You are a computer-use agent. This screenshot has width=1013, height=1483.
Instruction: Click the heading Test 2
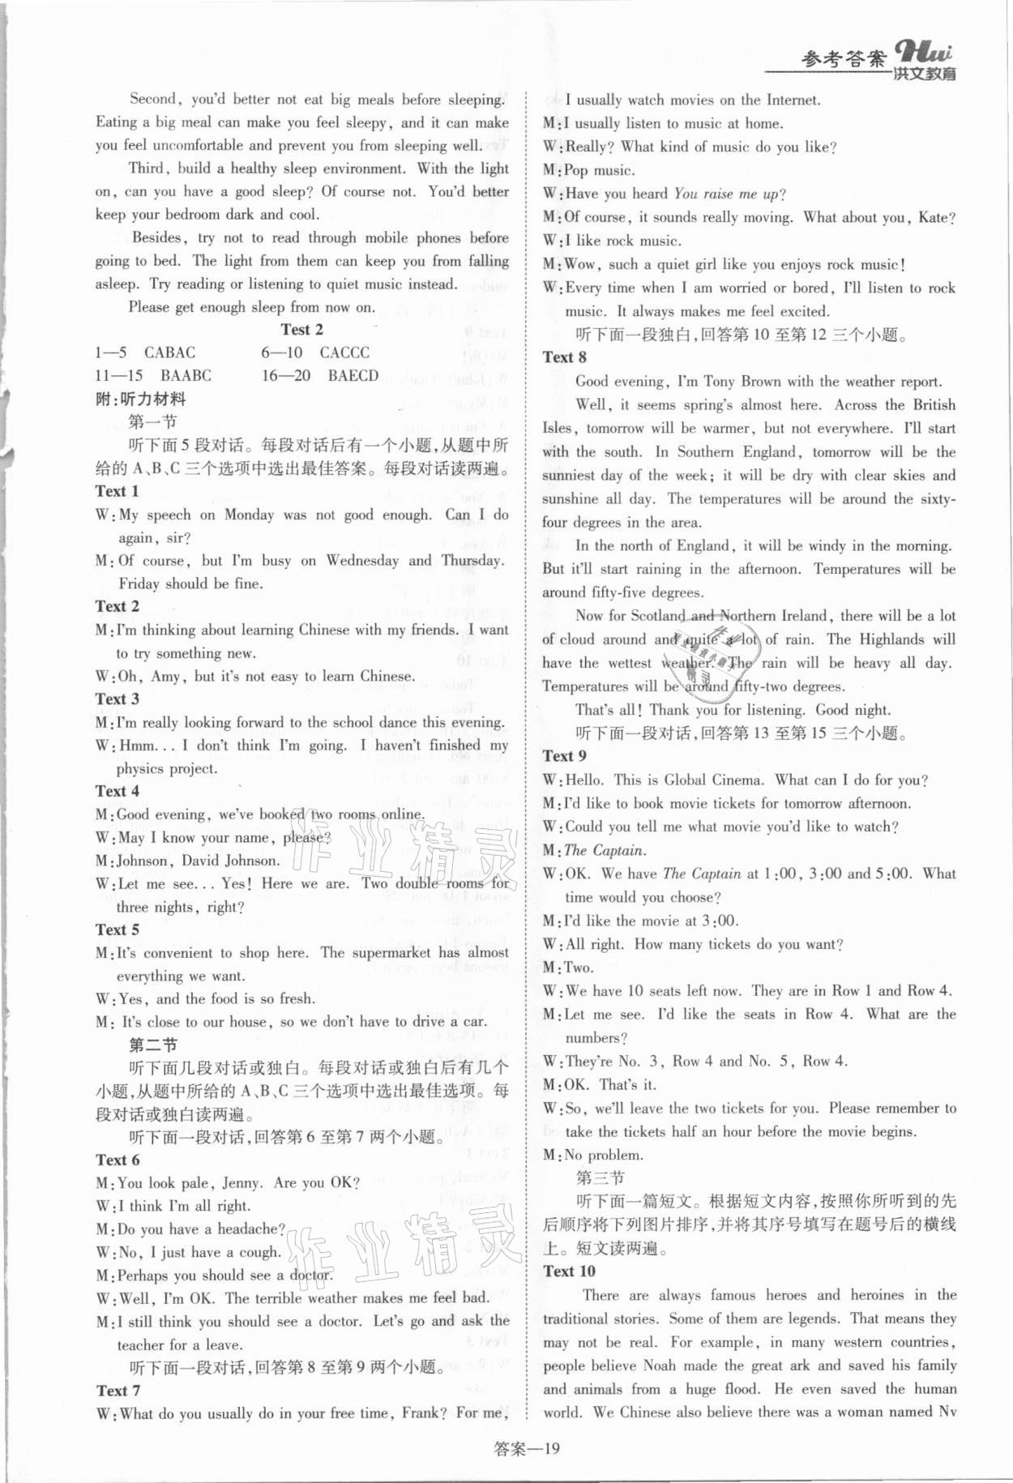301,329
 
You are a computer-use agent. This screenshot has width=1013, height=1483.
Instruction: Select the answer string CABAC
169,353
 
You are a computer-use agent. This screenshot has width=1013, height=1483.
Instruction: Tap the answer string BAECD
353,375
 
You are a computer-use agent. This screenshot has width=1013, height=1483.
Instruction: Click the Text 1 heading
117,491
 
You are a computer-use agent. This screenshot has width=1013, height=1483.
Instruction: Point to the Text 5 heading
117,930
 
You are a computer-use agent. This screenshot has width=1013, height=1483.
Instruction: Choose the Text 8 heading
565,357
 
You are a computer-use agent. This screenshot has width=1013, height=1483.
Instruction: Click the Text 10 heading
569,1271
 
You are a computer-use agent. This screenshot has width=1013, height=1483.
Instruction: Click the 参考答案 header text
843,59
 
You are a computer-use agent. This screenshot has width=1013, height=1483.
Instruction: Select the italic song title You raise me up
726,194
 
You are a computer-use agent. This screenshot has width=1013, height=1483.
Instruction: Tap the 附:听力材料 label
140,399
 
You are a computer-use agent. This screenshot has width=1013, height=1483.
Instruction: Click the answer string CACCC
344,353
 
